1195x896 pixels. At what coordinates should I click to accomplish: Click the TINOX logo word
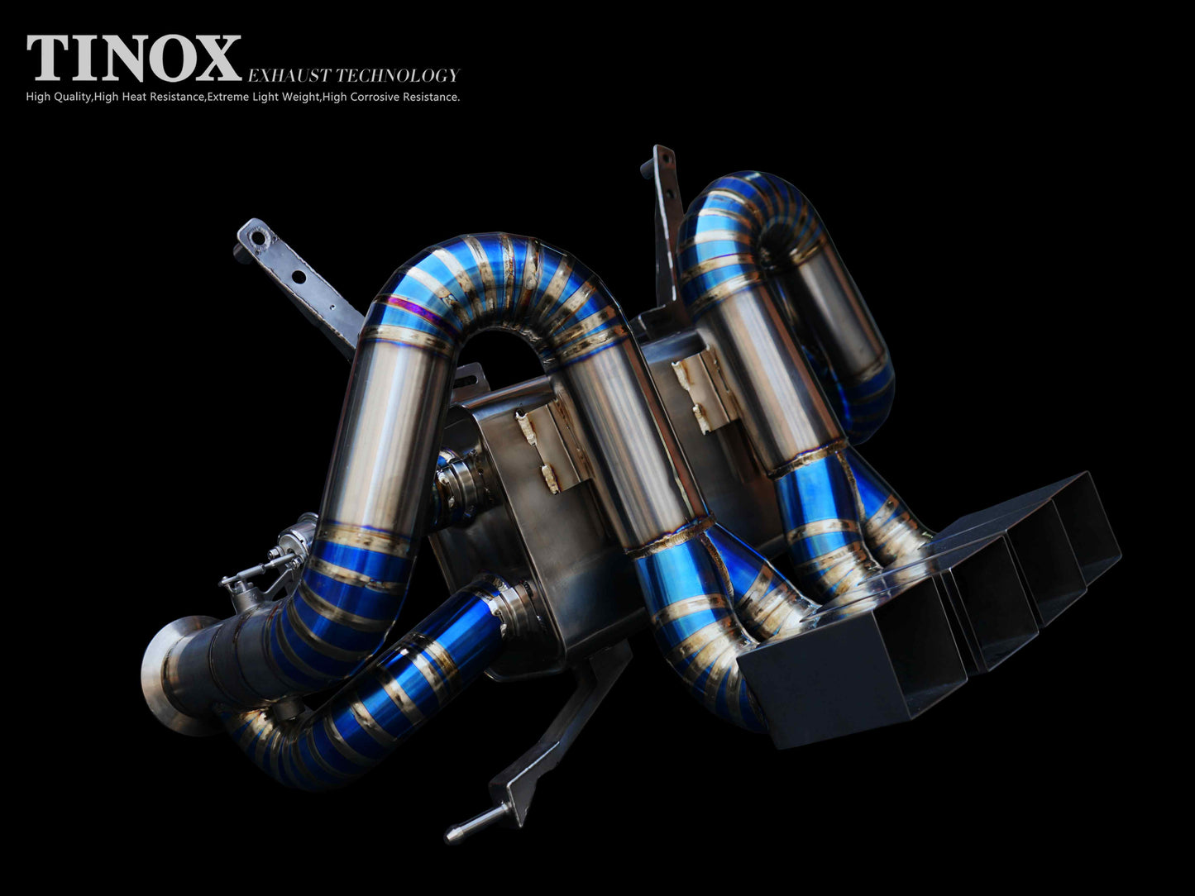[133, 58]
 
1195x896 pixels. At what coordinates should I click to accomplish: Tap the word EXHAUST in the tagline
[289, 75]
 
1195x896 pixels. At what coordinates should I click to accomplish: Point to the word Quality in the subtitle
[71, 98]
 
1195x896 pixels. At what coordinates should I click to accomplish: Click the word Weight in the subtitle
[300, 98]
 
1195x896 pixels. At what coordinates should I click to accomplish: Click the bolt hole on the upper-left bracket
[256, 238]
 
